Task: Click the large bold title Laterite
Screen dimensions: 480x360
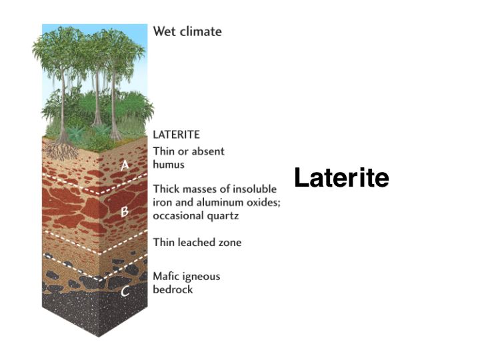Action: click(x=341, y=177)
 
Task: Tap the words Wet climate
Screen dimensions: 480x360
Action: click(x=187, y=31)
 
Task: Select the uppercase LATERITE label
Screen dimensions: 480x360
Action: click(x=176, y=135)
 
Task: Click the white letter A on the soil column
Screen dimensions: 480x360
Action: click(x=125, y=165)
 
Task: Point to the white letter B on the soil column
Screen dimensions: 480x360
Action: click(x=124, y=211)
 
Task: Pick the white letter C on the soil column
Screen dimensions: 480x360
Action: click(x=125, y=291)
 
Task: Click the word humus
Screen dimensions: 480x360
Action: click(x=169, y=165)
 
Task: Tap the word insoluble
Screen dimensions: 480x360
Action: click(x=255, y=189)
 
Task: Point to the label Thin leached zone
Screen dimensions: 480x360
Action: click(x=197, y=243)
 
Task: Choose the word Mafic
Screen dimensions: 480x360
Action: click(x=166, y=277)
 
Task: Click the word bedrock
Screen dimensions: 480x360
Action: click(x=173, y=289)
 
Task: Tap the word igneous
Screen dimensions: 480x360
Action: click(x=201, y=277)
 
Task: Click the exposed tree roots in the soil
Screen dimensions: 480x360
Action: click(x=62, y=151)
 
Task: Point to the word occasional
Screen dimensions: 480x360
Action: click(x=179, y=216)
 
